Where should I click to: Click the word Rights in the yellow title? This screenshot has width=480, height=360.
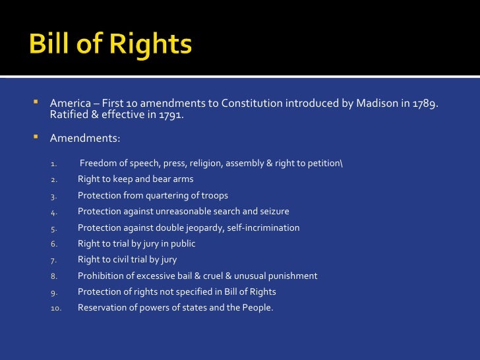tap(151, 45)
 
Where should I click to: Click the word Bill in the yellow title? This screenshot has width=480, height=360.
tap(53, 45)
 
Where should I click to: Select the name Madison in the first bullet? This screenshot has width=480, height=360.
tap(378, 104)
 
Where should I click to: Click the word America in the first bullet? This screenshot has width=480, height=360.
tap(69, 104)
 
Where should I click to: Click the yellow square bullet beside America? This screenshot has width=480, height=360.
tap(36, 103)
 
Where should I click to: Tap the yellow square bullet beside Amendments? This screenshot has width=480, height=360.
tap(36, 138)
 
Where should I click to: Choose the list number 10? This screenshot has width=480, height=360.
tap(56, 308)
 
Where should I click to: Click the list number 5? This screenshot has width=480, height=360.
tap(54, 228)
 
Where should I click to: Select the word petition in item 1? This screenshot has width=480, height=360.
tap(324, 164)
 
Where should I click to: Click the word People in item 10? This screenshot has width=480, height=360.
tap(256, 307)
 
